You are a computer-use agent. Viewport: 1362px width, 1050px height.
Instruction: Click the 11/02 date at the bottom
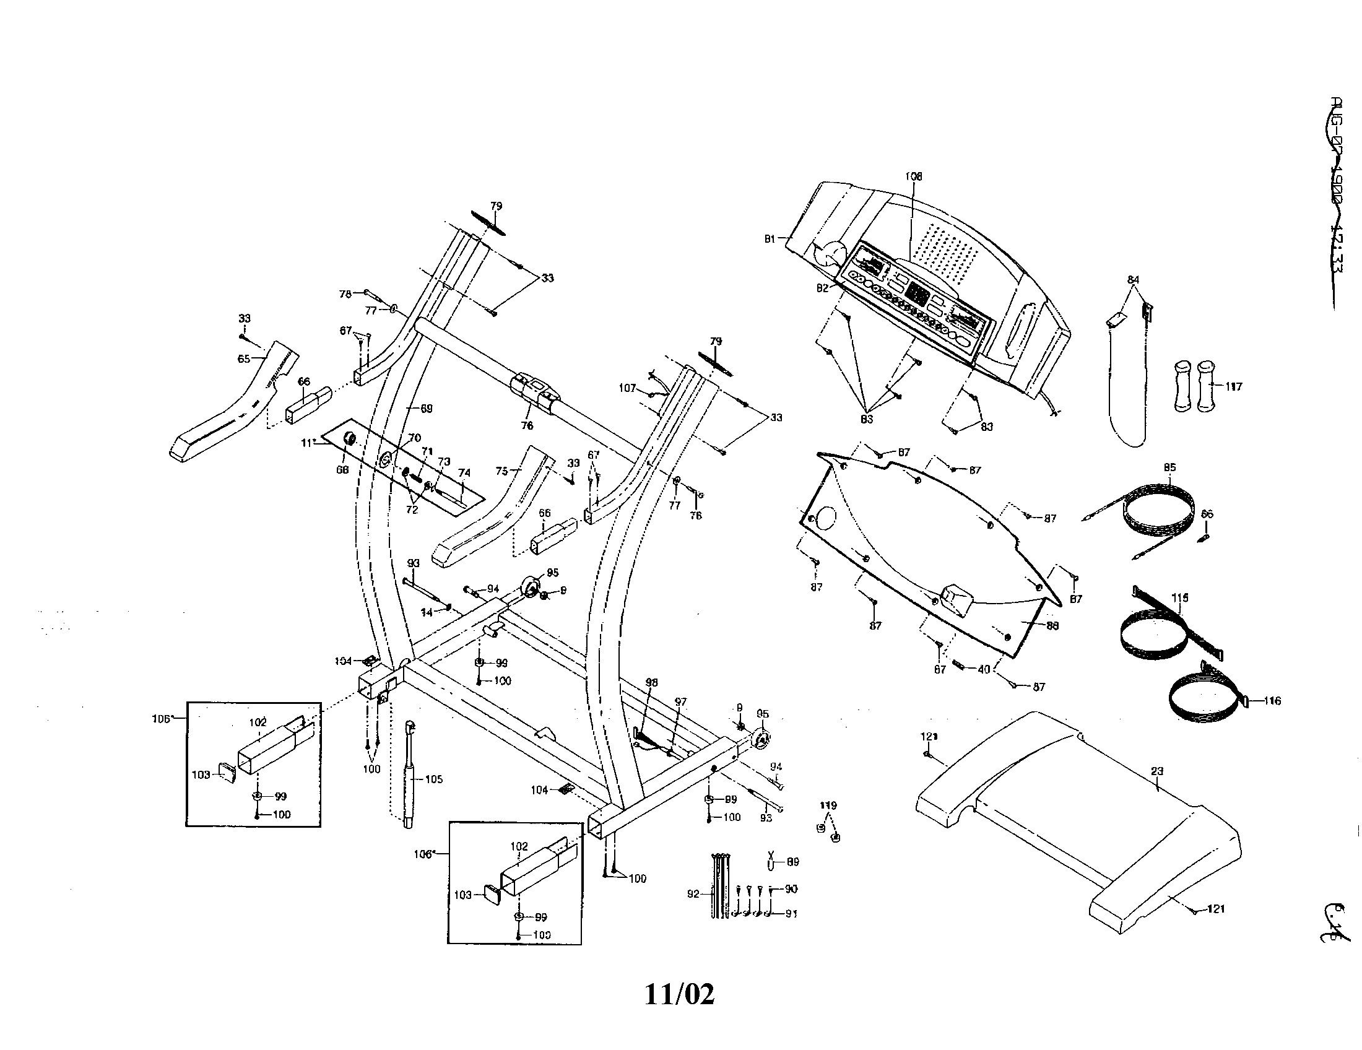click(679, 994)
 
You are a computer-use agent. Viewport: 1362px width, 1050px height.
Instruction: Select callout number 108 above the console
click(914, 176)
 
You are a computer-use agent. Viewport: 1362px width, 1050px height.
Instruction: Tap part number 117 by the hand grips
click(1233, 386)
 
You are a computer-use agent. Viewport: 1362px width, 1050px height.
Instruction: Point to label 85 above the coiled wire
click(1169, 467)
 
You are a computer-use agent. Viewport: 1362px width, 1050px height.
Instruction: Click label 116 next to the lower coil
click(1272, 701)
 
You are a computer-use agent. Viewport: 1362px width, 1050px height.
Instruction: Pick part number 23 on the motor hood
click(1157, 771)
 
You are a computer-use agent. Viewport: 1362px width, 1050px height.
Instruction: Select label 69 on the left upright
click(426, 409)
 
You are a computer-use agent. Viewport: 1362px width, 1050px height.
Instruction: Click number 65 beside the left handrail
click(244, 358)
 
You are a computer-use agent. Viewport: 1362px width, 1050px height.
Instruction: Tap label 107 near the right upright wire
click(627, 388)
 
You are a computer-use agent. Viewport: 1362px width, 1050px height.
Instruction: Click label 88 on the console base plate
click(1052, 625)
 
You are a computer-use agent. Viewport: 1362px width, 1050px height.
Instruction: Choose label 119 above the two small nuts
click(828, 805)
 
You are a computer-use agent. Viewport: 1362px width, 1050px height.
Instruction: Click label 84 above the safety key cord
click(1134, 280)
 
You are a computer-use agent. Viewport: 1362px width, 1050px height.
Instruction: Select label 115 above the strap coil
click(1180, 597)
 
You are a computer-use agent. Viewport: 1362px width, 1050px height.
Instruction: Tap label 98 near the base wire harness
click(651, 683)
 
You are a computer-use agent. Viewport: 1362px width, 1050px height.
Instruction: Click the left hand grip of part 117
click(1183, 386)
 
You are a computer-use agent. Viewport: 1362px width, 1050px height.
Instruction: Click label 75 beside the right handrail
click(502, 471)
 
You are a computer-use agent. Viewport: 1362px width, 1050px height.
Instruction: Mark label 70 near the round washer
click(414, 438)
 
